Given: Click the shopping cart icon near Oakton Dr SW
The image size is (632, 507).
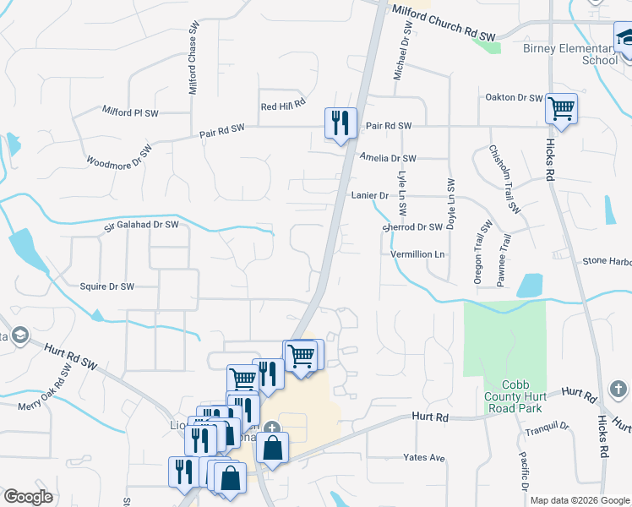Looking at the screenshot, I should [561, 108].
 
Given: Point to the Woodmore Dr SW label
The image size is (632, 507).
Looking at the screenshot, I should [119, 157].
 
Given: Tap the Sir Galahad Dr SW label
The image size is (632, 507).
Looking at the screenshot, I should [141, 225].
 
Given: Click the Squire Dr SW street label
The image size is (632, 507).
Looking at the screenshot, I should [106, 286].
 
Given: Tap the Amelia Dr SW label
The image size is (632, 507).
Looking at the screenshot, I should [388, 158].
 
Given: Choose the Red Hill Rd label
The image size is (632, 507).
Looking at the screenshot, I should [281, 106].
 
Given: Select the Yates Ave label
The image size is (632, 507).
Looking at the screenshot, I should [424, 458].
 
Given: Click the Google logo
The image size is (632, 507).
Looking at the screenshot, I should [28, 497].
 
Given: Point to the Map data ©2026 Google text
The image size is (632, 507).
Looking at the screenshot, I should [580, 500].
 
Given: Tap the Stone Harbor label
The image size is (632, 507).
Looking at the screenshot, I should [607, 262].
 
